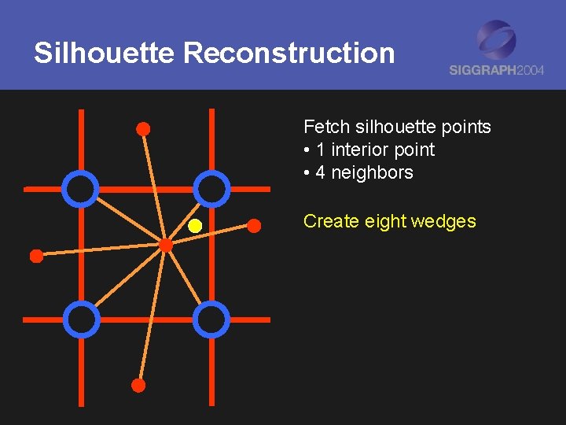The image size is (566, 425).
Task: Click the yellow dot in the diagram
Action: point(195,227)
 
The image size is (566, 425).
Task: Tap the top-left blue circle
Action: point(81,189)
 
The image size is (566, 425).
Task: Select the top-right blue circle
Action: point(211,189)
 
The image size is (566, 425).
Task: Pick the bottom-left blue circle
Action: point(81,319)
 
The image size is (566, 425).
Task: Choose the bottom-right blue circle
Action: point(211,319)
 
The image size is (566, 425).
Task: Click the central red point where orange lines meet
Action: point(166,246)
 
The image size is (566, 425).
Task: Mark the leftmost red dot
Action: point(35,256)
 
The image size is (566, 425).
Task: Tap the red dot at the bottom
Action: point(138,385)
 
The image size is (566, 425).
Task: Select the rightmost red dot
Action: point(254,226)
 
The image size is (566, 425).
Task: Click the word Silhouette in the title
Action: point(104,54)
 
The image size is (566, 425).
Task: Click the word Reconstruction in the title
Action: point(289,54)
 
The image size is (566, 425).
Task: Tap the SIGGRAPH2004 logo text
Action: point(496,69)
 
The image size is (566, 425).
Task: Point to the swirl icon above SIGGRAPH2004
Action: point(497,39)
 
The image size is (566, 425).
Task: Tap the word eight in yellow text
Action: point(384,221)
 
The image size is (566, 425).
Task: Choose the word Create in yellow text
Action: point(331,221)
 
